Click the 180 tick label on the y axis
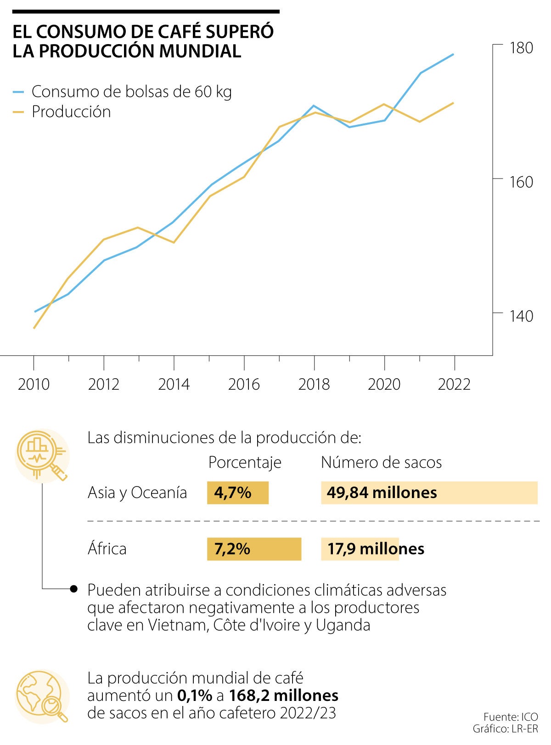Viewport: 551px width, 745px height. coord(521,48)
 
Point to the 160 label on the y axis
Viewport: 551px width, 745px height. coord(521,182)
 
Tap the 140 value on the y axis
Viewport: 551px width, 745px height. coord(521,316)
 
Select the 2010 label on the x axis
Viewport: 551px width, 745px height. coord(34,384)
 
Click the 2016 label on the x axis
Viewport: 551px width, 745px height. coord(244,384)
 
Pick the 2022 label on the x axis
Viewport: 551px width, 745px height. coord(454,384)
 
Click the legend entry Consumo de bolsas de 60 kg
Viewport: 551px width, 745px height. coord(131,92)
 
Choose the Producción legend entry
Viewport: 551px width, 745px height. coord(71,112)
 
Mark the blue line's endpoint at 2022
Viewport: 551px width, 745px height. coord(454,54)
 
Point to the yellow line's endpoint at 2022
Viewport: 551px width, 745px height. coord(454,103)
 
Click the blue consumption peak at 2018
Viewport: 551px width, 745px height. coord(314,106)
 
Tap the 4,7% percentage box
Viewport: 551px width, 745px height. coord(237,493)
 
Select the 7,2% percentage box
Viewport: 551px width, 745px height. coord(254,549)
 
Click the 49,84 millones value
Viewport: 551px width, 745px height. coord(382,493)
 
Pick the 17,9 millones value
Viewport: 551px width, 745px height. coord(376,549)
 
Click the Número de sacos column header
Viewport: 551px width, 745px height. coord(381,462)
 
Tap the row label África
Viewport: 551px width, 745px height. coord(107,549)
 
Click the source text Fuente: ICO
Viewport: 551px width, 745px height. coord(510,717)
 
